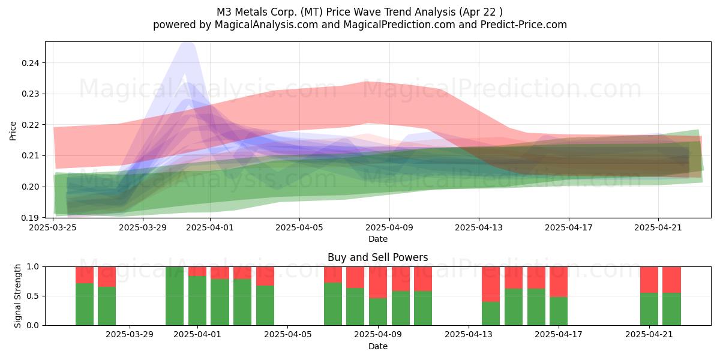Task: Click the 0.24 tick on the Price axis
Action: point(31,63)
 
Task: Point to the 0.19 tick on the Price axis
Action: point(31,218)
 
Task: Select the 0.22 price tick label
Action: point(31,125)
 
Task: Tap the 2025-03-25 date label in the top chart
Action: point(53,227)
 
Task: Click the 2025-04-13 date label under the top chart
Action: point(479,227)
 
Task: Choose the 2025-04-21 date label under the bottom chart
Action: point(649,335)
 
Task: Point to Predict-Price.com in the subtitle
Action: point(524,25)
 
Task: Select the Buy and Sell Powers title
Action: point(377,257)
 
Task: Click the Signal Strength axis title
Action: point(17,296)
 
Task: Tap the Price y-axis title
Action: point(13,131)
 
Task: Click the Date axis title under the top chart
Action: point(378,239)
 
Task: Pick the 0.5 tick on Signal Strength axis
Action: point(33,296)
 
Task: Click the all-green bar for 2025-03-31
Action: point(175,296)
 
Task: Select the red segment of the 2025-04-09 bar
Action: point(377,283)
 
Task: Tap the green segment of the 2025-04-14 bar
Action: point(491,314)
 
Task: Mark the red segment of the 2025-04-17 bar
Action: point(559,282)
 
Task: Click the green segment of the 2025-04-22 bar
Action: point(672,309)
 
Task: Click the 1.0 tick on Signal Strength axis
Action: point(33,267)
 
